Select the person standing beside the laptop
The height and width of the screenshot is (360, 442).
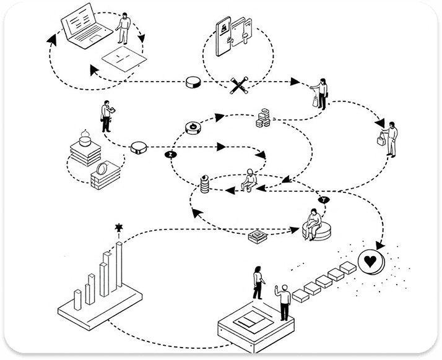[125, 28]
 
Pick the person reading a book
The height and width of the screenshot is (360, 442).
[106, 116]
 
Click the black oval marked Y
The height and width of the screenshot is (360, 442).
[323, 200]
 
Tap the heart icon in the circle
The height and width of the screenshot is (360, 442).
[370, 262]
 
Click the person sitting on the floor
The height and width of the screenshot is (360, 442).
[249, 180]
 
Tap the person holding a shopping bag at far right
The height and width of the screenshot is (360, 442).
[390, 139]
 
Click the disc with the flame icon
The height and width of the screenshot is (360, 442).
[194, 128]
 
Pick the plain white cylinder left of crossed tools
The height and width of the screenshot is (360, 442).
[194, 83]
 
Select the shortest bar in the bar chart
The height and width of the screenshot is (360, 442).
[78, 299]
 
